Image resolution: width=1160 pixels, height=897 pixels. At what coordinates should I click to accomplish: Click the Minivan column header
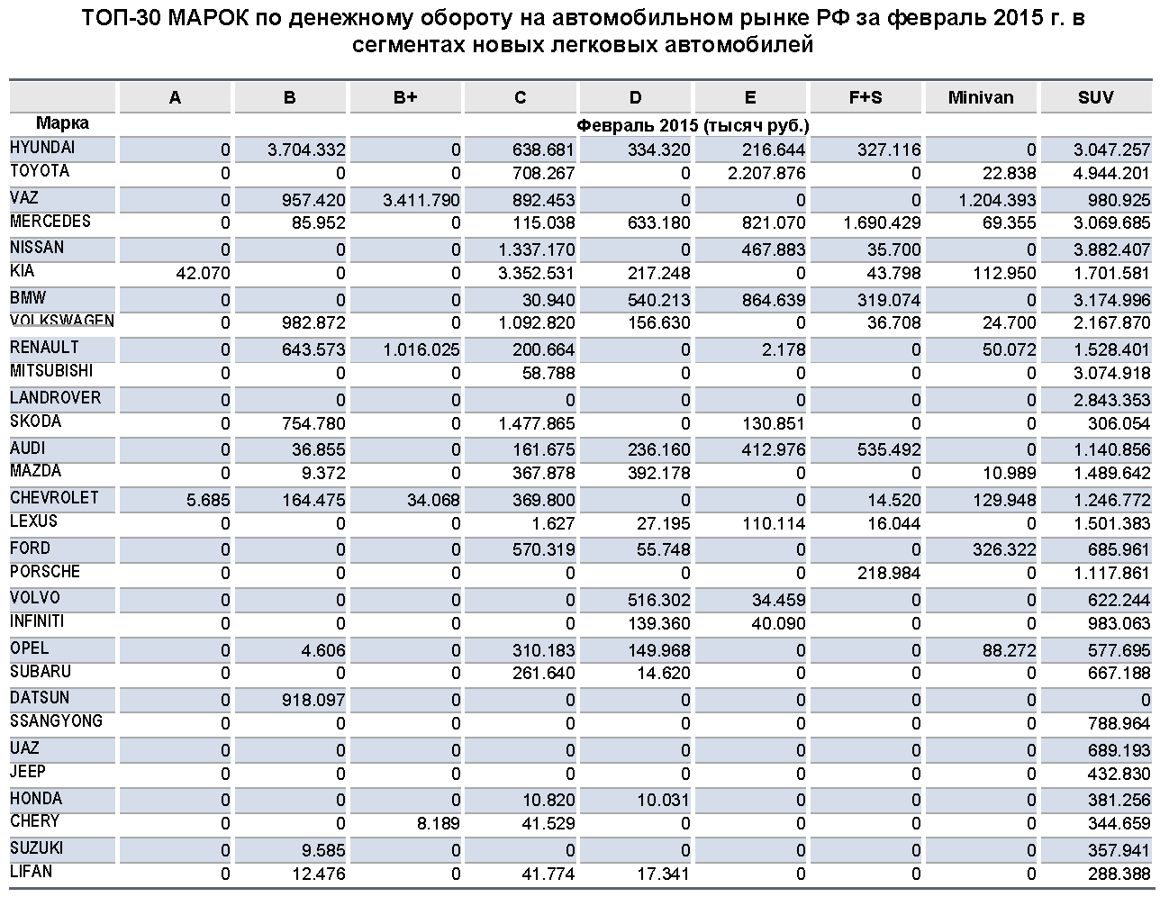980,98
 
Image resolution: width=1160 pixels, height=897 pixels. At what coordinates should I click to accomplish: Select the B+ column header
405,98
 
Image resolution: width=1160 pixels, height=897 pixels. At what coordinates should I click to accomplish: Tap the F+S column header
865,98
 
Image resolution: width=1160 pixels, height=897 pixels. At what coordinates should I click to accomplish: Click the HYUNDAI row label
42,147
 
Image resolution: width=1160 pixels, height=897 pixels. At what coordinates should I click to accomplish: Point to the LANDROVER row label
55,398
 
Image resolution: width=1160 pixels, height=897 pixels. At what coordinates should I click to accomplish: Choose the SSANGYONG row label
56,721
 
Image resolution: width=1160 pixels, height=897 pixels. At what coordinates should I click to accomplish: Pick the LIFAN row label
32,872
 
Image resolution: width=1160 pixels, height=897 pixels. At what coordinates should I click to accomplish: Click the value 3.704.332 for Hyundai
306,149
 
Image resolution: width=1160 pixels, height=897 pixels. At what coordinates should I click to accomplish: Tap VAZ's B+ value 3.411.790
421,199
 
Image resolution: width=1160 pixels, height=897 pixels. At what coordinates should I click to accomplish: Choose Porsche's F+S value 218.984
885,574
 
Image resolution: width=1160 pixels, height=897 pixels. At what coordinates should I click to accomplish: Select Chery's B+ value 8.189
440,823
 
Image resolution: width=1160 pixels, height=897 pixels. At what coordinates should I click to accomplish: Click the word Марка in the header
62,123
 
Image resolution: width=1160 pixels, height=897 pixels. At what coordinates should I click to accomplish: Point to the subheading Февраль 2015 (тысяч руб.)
693,125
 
